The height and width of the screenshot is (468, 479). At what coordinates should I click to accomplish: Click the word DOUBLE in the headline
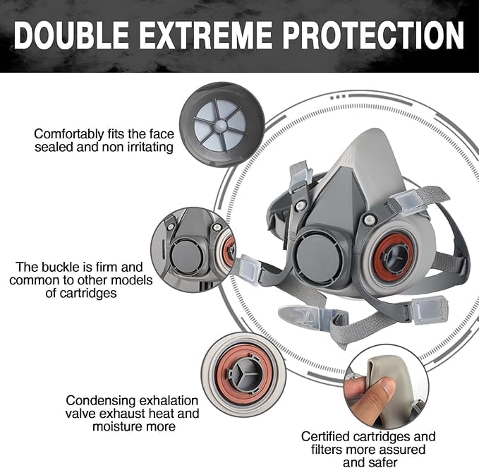pyautogui.click(x=71, y=35)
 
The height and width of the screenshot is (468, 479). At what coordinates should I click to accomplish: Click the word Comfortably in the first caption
pyautogui.click(x=69, y=135)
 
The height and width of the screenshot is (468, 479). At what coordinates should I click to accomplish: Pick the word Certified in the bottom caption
pyautogui.click(x=328, y=436)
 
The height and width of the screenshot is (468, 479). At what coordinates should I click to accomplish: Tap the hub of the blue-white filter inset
pyautogui.click(x=221, y=125)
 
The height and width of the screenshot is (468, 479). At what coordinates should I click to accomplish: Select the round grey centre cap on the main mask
pyautogui.click(x=317, y=257)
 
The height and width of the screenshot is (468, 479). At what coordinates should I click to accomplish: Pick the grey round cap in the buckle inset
pyautogui.click(x=186, y=256)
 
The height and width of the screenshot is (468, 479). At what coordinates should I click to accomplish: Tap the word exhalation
pyautogui.click(x=169, y=401)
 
